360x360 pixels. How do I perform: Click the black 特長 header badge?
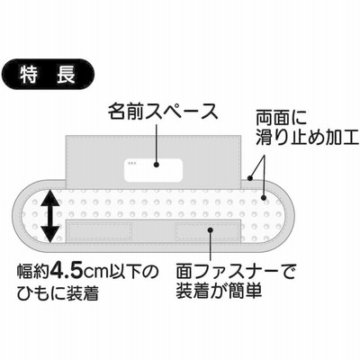click(x=48, y=75)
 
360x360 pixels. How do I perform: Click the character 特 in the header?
click(x=29, y=75)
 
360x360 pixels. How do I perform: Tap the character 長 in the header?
click(x=66, y=75)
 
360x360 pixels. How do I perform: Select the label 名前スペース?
click(x=163, y=112)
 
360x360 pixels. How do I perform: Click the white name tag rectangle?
click(x=153, y=170)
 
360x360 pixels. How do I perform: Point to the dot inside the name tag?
click(x=157, y=165)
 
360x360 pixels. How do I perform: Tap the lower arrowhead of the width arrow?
click(x=49, y=234)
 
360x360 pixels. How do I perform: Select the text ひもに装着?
click(x=58, y=293)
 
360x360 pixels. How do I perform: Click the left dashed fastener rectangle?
click(x=99, y=231)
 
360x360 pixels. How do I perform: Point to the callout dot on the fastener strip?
click(x=210, y=230)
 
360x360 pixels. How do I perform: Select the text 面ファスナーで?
click(x=236, y=271)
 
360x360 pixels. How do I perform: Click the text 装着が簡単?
click(x=219, y=291)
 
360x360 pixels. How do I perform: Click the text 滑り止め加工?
click(x=307, y=138)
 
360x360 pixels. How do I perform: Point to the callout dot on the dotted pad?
click(x=264, y=197)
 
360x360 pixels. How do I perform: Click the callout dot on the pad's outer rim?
click(x=250, y=178)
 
